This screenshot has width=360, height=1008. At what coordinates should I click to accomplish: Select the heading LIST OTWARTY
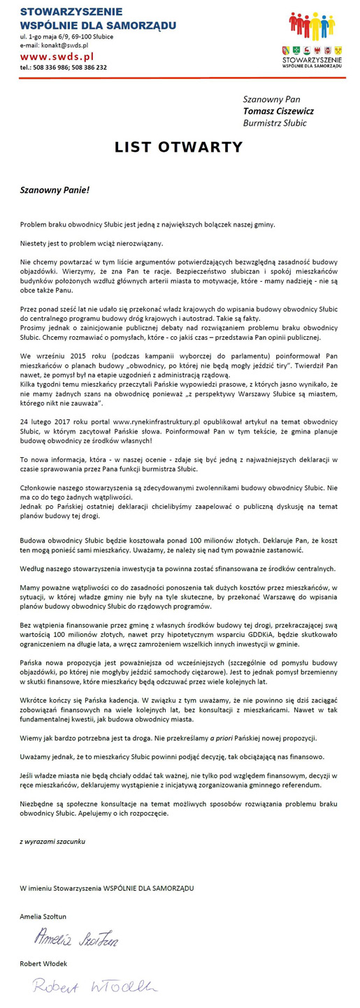[179, 147]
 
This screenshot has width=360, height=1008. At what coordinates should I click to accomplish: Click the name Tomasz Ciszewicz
[278, 110]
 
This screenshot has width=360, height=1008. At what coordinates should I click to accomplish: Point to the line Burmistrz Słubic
[275, 123]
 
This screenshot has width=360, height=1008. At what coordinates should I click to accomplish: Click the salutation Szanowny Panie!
[55, 189]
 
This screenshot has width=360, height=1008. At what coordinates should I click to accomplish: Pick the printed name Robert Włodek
[43, 964]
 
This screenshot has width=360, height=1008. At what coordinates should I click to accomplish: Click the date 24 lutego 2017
[45, 422]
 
